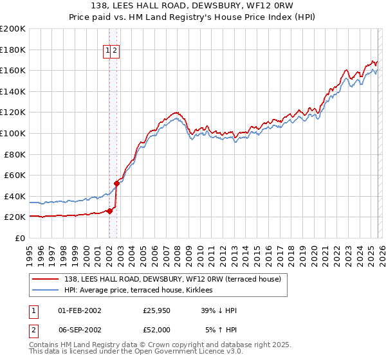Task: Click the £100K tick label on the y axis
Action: click(x=13, y=133)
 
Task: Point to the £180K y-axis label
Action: click(x=13, y=50)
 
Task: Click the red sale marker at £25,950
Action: click(x=109, y=211)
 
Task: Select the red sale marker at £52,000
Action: click(x=116, y=183)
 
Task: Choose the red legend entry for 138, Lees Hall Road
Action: click(x=172, y=280)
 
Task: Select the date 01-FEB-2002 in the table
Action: click(x=79, y=310)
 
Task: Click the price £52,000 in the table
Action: click(x=157, y=329)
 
